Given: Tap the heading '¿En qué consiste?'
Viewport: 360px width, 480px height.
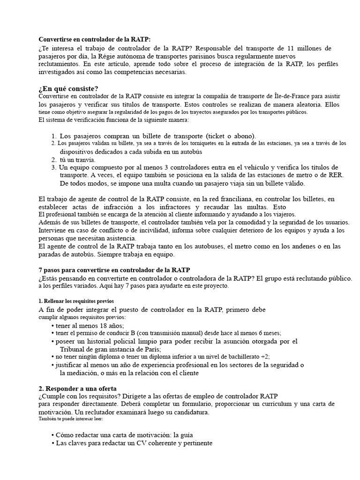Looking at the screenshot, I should coord(68,89).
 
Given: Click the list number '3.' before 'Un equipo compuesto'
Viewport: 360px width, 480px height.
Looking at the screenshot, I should coord(54,167).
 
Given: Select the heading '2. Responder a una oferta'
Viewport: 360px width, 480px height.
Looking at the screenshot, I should coord(77,389).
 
